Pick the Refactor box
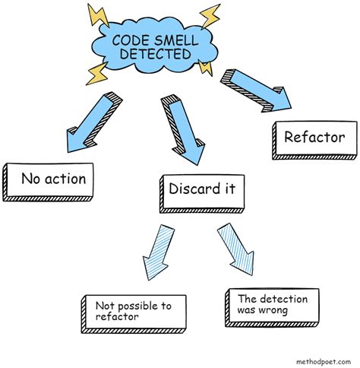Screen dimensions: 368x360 [x=314, y=138]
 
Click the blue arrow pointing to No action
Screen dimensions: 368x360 [x=92, y=122]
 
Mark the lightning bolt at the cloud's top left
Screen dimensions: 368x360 [x=97, y=15]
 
